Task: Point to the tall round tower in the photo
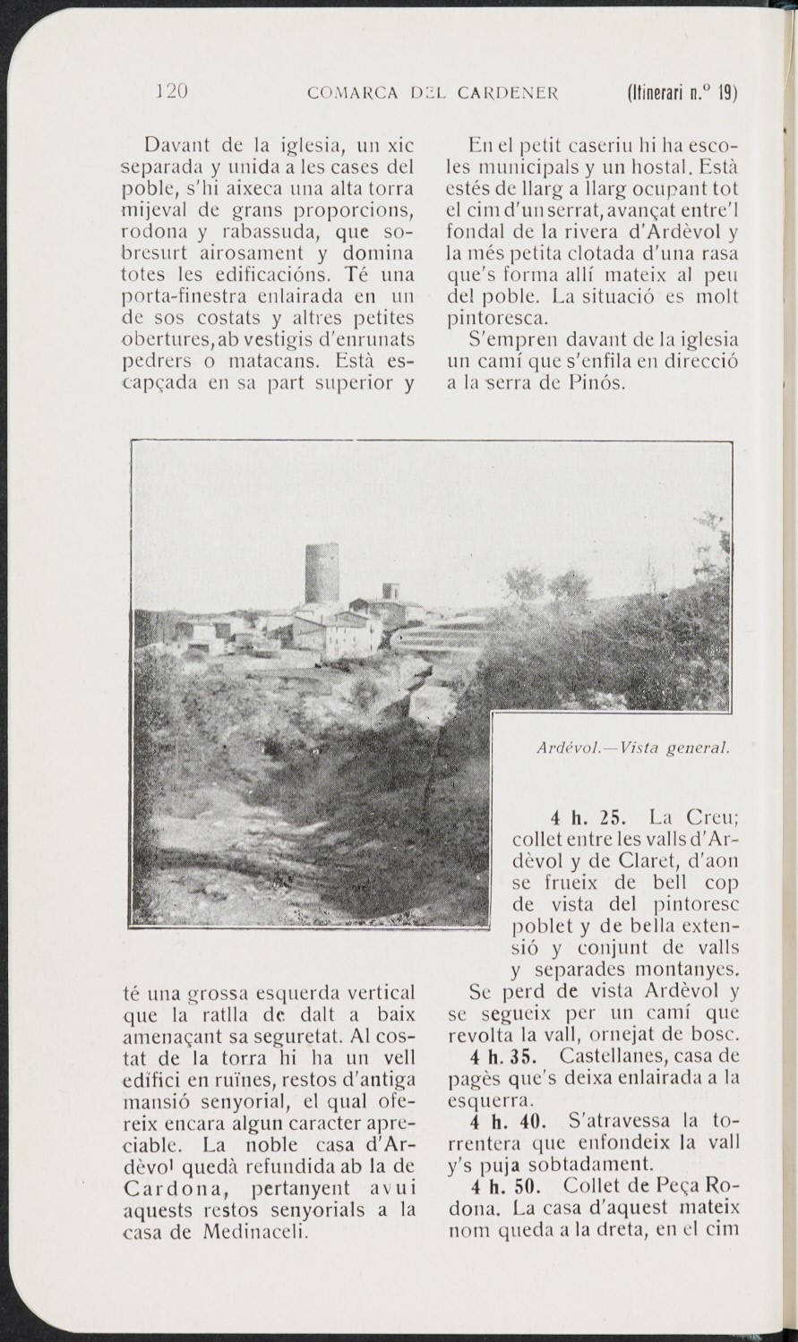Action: (321, 573)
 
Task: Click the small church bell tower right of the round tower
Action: (390, 593)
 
